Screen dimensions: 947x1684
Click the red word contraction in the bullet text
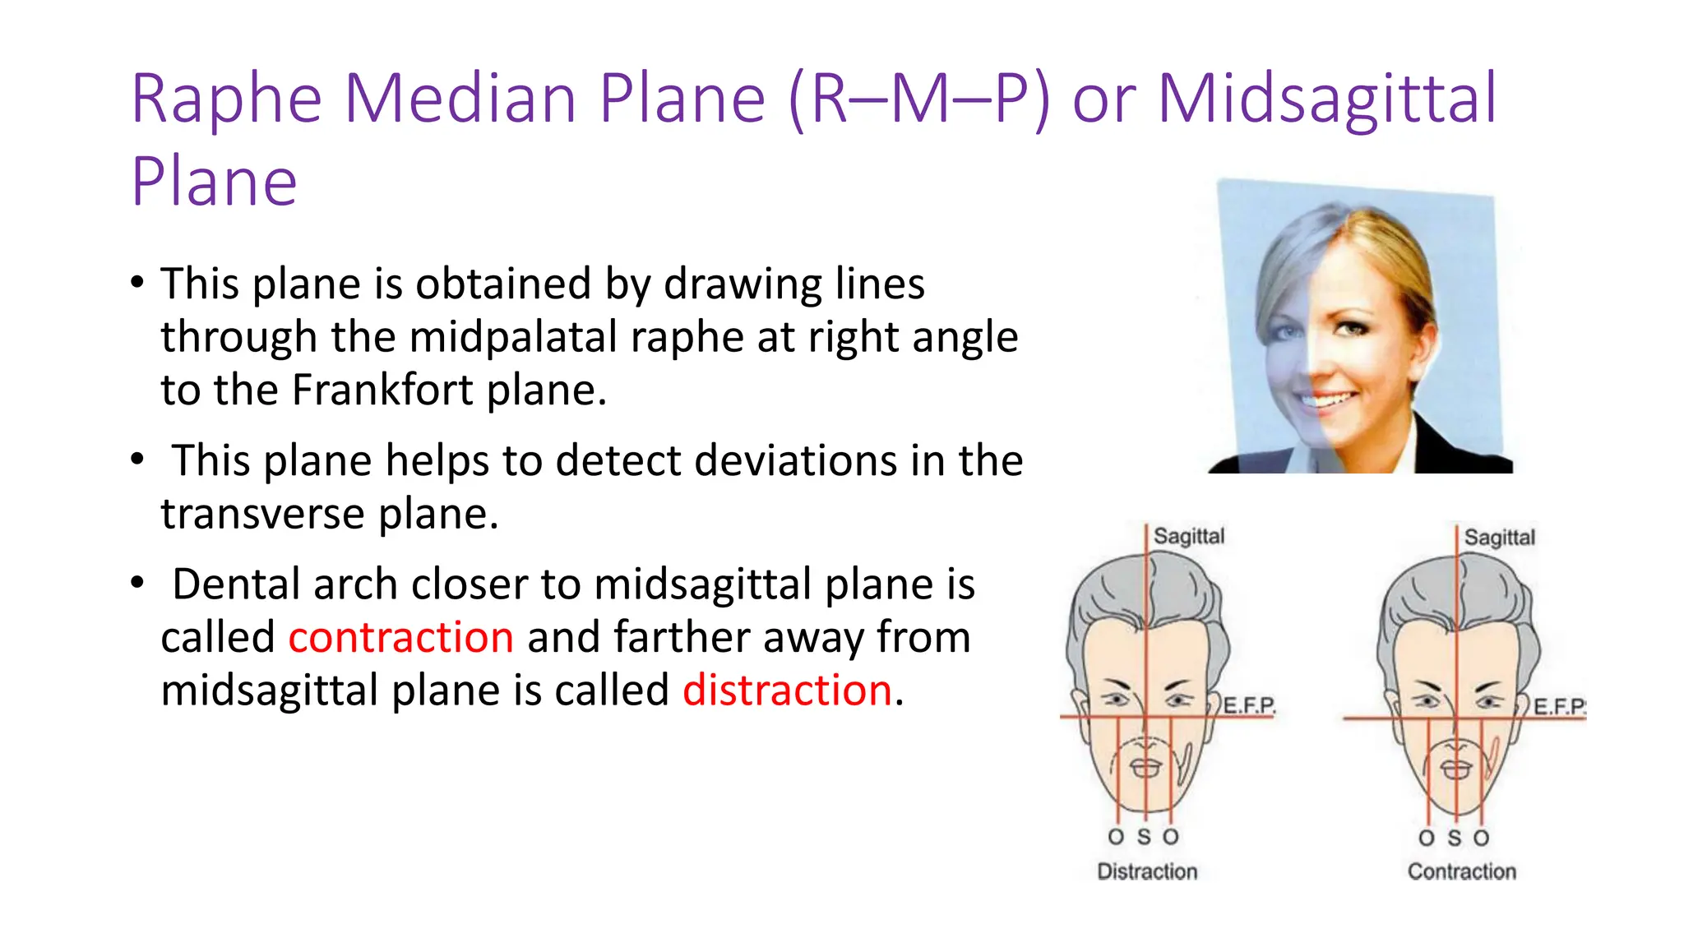(x=400, y=637)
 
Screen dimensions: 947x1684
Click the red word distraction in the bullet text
(x=787, y=690)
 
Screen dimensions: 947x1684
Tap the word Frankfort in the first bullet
(x=382, y=390)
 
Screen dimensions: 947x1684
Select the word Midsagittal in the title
(x=1327, y=99)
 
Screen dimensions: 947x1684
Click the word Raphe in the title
(x=226, y=99)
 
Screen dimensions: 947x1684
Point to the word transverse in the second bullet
(x=262, y=514)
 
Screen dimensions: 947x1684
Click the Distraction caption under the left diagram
(x=1147, y=871)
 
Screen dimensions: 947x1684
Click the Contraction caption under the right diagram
(x=1461, y=871)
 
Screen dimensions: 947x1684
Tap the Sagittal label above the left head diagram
(x=1188, y=536)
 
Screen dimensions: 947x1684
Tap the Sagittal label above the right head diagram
(x=1499, y=538)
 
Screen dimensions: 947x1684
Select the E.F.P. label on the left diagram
(x=1249, y=705)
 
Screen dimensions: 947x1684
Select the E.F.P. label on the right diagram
(x=1559, y=706)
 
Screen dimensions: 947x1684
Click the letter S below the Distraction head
(x=1144, y=837)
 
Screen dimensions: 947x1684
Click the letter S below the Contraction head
(x=1455, y=838)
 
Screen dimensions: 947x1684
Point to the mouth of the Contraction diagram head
(x=1456, y=769)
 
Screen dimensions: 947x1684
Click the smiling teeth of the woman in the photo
(x=1329, y=402)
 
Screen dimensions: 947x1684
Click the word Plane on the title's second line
(x=214, y=182)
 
